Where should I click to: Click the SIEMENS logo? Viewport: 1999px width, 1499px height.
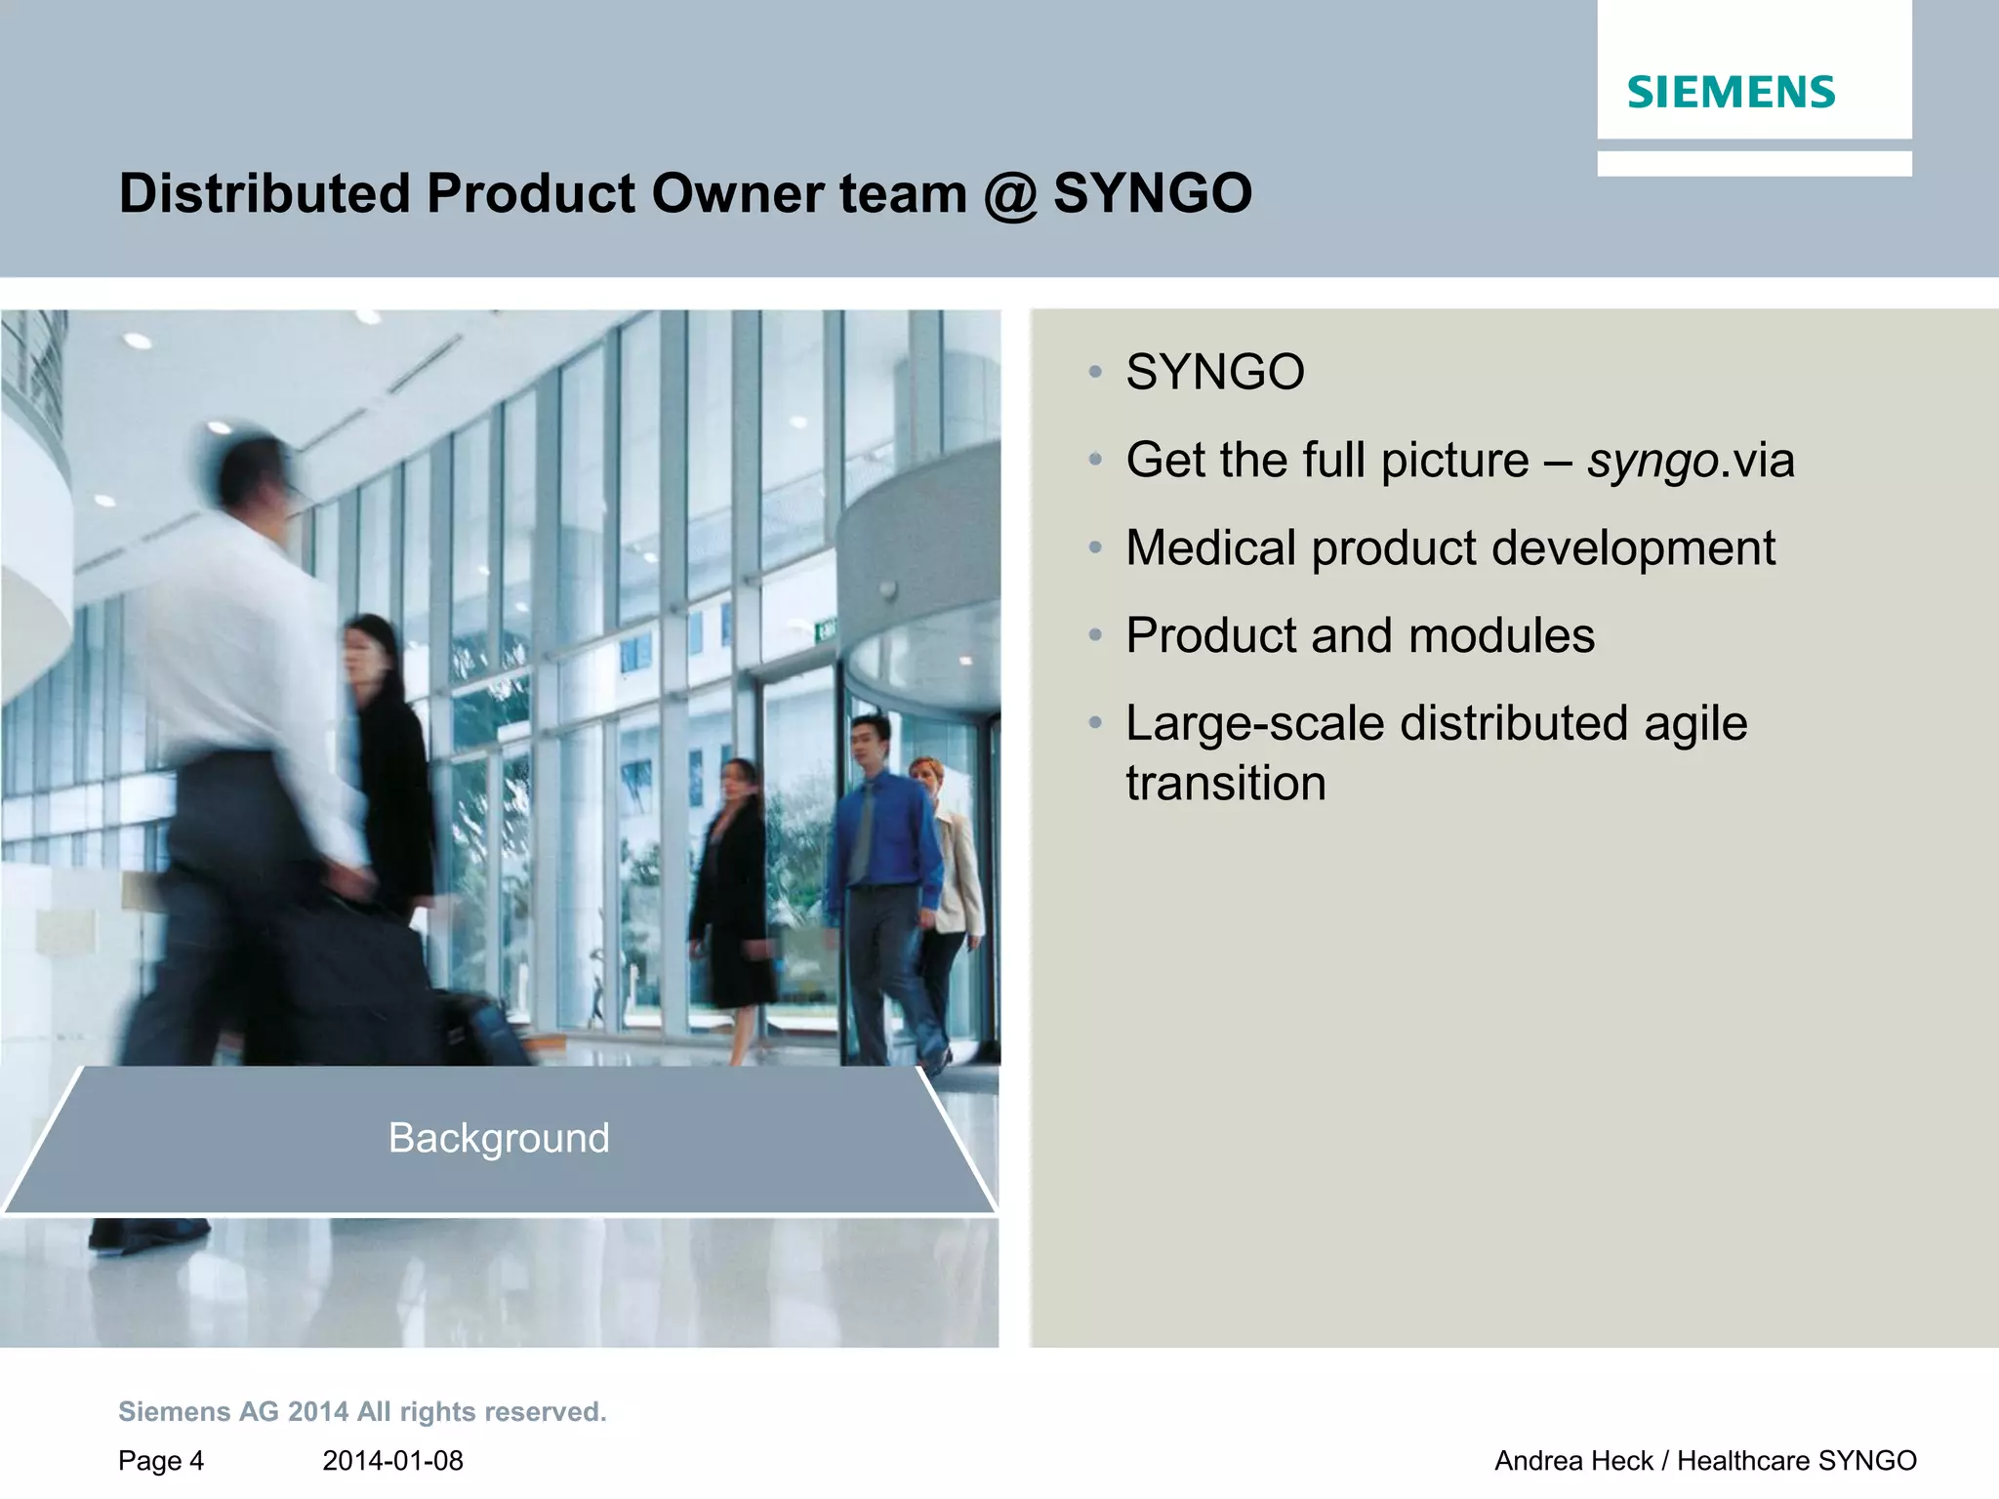[1731, 92]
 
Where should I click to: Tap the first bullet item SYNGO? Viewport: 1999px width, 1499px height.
[1214, 372]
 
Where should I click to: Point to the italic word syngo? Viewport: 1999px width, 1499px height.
[1652, 461]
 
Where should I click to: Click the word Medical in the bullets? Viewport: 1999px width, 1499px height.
[1210, 547]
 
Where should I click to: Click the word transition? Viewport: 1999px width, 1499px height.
[1226, 783]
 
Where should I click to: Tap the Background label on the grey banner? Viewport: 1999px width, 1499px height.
[499, 1138]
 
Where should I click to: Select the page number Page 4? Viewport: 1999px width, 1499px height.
[161, 1461]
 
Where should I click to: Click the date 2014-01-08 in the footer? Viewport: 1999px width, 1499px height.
[392, 1461]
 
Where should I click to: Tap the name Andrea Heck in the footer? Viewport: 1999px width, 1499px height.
[1573, 1461]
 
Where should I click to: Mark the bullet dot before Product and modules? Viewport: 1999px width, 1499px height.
[1095, 636]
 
